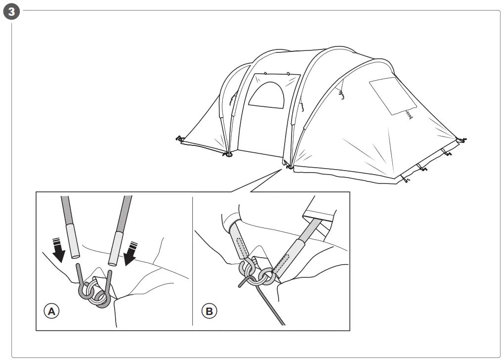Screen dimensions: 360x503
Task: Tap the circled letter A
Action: [x=51, y=311]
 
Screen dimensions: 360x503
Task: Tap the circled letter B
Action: [x=209, y=311]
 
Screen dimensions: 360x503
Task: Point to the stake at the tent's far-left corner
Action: [x=179, y=139]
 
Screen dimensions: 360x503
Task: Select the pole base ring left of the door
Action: [x=228, y=155]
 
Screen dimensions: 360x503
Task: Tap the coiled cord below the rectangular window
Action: [x=409, y=114]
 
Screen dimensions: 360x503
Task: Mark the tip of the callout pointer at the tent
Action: [x=284, y=169]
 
